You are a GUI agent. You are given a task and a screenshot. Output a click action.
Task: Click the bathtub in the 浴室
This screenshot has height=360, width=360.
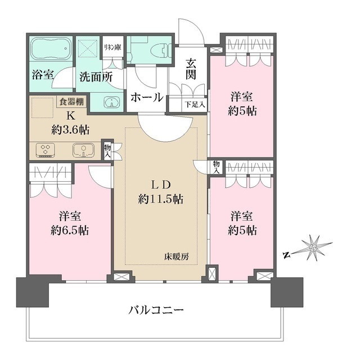coord(51,51)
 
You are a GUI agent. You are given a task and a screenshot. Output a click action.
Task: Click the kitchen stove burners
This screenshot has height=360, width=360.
coord(45,150)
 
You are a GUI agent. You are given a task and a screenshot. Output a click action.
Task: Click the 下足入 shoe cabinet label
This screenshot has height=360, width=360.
coord(195,104)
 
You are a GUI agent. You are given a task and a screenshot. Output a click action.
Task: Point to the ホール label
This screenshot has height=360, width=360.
coord(147,97)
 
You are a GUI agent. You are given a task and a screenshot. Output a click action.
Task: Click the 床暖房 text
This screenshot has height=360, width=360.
coord(177,256)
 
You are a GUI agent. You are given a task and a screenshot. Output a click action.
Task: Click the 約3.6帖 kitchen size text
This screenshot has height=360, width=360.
coord(70,129)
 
